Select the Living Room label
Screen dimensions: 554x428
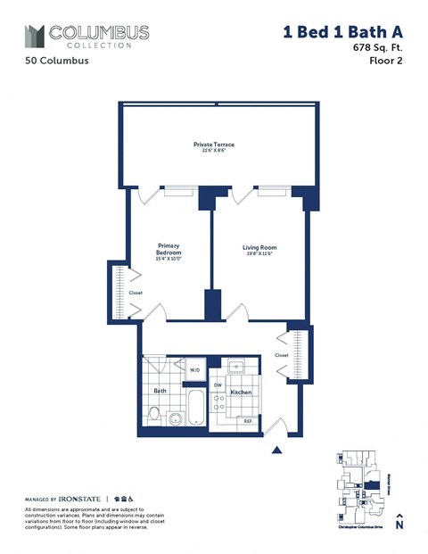(x=259, y=251)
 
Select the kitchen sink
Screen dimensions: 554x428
(x=237, y=366)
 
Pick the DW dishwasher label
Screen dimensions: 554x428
(x=217, y=384)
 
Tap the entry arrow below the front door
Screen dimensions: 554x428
(x=276, y=450)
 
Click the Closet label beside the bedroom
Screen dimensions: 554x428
(x=136, y=292)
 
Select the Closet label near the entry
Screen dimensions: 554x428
(x=282, y=354)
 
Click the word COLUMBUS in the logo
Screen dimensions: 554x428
(x=98, y=32)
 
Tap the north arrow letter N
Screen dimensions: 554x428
(x=399, y=525)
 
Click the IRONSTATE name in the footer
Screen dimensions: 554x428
(x=81, y=498)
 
